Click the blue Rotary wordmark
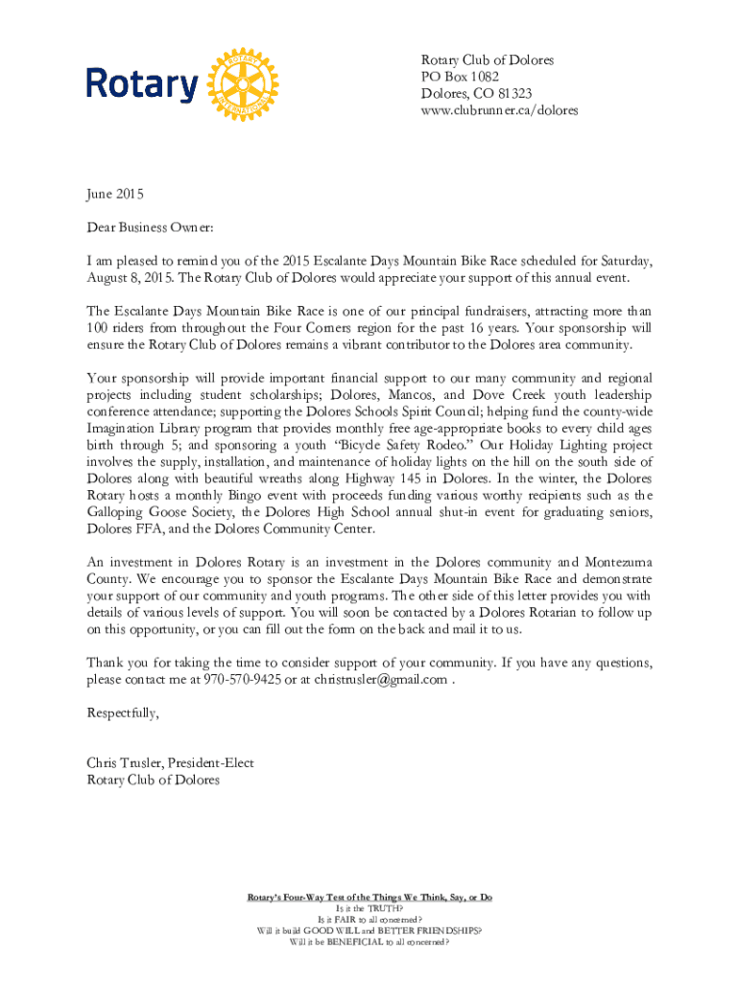pos(142,84)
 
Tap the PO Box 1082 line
pos(460,77)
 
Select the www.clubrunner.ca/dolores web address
pos(499,110)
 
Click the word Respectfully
pos(123,713)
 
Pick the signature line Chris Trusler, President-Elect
pos(170,763)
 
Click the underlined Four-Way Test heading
pos(369,897)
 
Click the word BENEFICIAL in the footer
pos(353,942)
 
